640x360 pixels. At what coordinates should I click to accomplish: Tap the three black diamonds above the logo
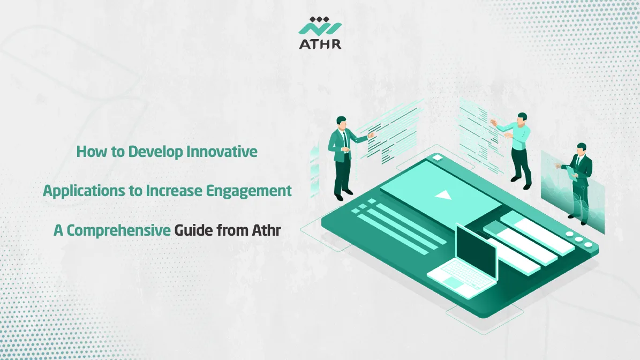320,19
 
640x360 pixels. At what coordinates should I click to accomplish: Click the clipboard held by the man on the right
571,169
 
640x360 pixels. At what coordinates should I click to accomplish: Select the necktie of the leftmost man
346,140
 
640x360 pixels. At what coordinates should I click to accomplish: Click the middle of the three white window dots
579,241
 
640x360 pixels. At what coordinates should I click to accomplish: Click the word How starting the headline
88,152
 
